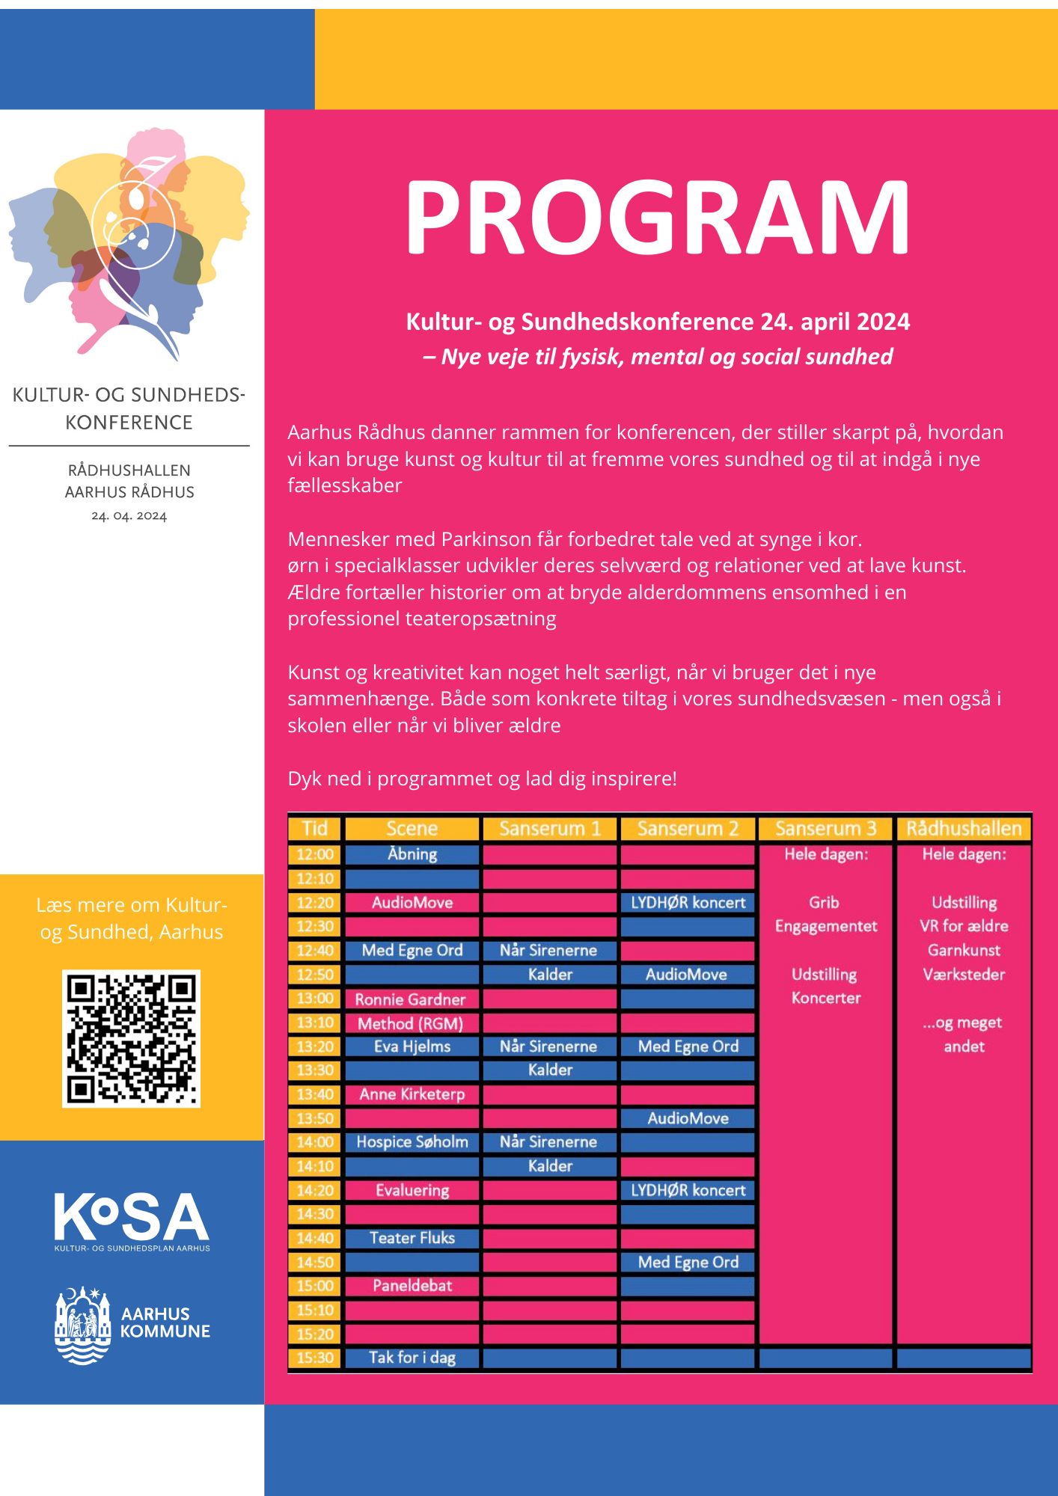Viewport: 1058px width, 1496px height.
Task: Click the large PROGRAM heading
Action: point(658,218)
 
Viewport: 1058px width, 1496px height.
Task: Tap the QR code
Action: point(131,1038)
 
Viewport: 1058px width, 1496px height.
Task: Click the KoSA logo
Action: point(132,1220)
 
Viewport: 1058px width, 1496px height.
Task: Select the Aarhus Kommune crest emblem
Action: point(82,1325)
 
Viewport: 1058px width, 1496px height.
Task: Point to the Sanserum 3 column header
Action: point(825,829)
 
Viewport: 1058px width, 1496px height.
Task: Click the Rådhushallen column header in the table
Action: point(964,829)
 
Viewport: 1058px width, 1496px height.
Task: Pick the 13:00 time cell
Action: point(315,999)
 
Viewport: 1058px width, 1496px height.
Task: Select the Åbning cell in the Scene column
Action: point(412,854)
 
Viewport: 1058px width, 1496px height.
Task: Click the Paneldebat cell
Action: point(412,1286)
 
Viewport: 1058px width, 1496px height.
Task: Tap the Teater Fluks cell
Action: point(412,1238)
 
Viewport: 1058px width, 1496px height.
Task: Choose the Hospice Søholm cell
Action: point(412,1142)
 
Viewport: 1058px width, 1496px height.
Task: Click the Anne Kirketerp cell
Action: point(412,1094)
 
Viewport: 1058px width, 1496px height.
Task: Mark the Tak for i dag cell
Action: point(412,1358)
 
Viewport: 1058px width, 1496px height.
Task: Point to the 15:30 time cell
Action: point(315,1358)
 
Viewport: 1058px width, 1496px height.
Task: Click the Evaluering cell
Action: point(412,1190)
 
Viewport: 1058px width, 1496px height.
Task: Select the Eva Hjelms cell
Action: point(412,1046)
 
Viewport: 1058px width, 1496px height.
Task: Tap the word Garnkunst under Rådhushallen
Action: point(964,950)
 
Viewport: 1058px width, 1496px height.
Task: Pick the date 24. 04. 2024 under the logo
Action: point(129,516)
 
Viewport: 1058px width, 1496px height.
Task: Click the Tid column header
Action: point(315,829)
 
